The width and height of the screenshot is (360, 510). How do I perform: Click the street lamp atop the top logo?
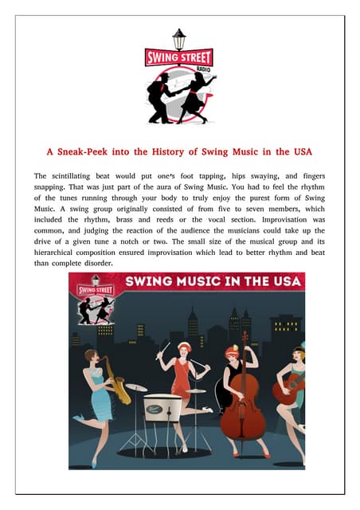(179, 39)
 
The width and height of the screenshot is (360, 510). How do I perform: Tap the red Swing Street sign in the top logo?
(179, 58)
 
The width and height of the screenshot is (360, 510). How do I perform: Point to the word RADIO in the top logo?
(179, 69)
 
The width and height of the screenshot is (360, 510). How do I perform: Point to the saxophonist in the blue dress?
(99, 398)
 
